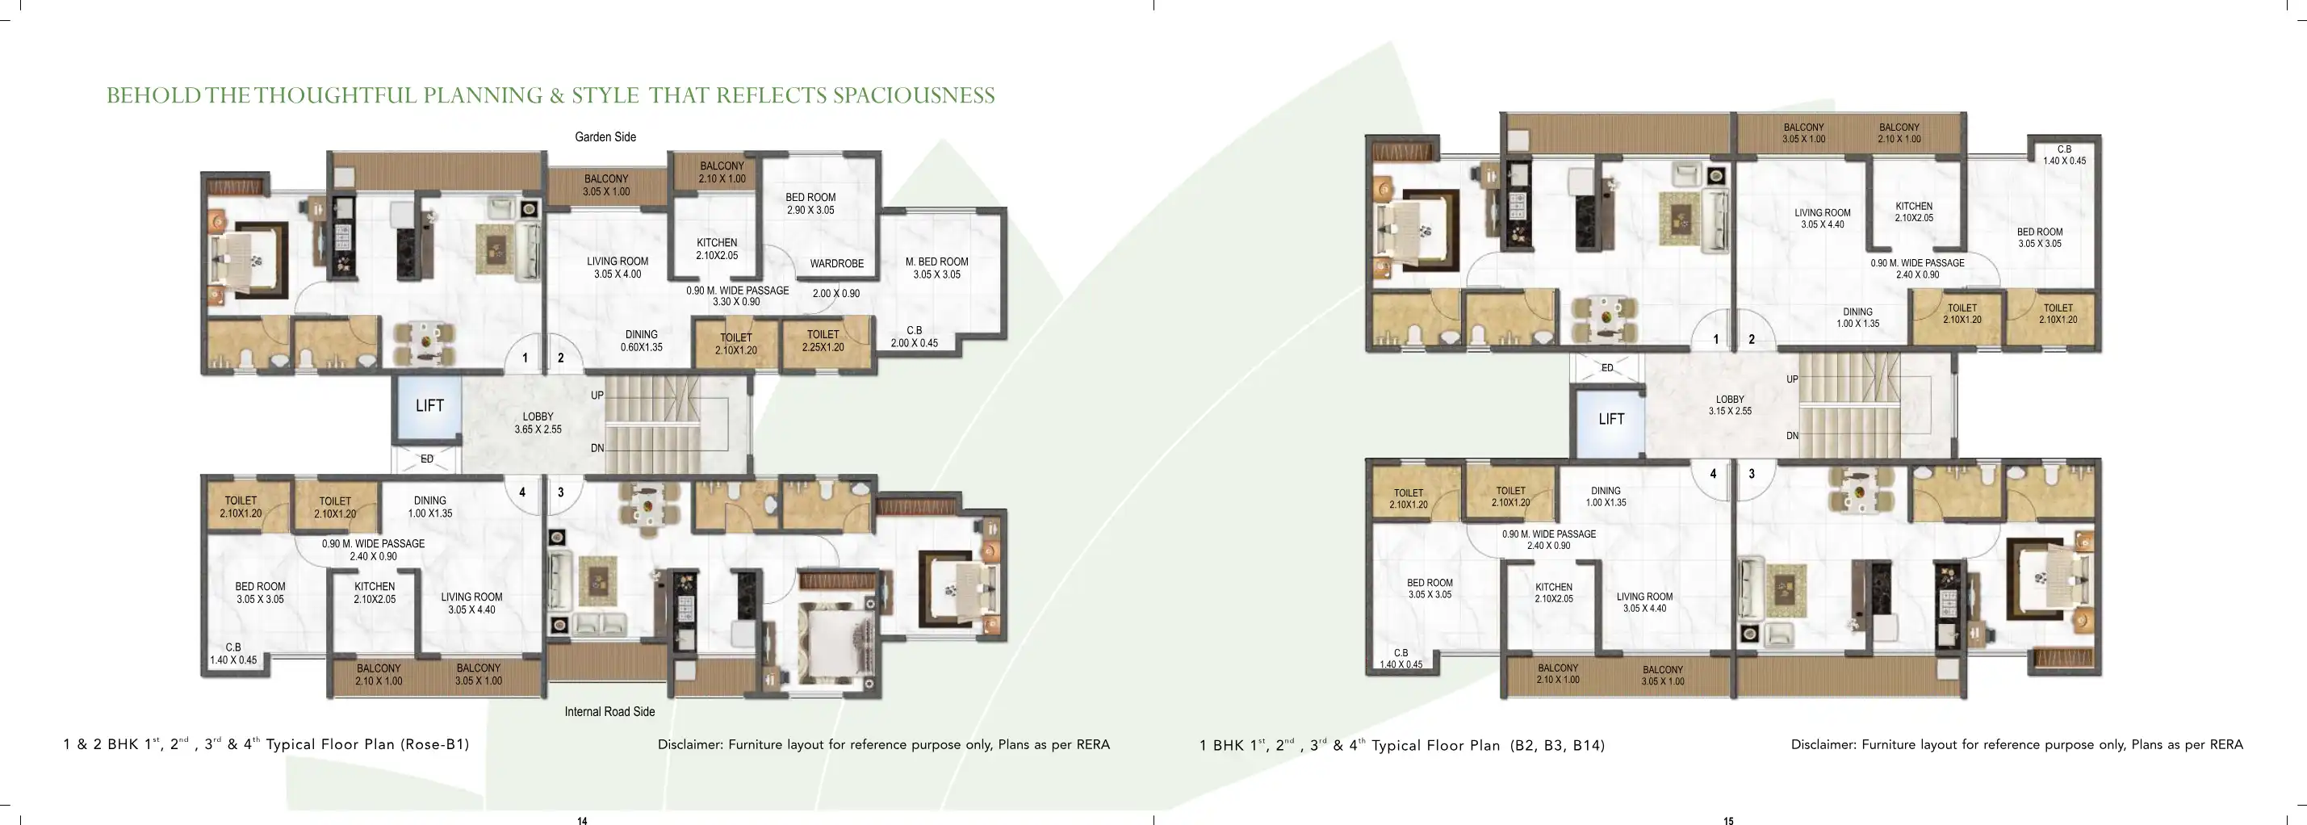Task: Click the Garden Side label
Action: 605,137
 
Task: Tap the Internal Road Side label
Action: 609,711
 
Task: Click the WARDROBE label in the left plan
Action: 836,263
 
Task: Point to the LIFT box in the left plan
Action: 429,406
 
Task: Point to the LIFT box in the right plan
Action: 1611,418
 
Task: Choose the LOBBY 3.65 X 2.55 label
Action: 538,423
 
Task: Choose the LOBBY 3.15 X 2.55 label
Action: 1729,405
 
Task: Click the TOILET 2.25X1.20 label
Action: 823,341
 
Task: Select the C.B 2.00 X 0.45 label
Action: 915,337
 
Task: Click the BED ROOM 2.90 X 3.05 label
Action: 810,203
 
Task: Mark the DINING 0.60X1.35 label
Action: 641,341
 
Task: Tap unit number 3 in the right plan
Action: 1752,474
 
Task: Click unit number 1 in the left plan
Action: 525,358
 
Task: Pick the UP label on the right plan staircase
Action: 1792,379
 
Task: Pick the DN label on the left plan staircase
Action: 597,448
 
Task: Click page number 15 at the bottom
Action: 1728,819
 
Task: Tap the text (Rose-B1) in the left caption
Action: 434,744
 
